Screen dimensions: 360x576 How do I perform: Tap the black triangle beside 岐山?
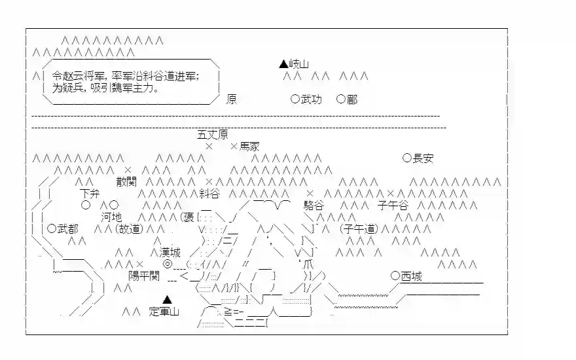coord(283,64)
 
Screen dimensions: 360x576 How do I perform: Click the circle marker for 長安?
coord(406,158)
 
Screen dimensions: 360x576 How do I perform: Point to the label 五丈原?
coord(212,135)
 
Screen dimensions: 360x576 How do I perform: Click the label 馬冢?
coord(249,147)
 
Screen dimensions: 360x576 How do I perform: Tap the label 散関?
coord(127,181)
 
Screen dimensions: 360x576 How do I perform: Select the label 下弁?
coord(90,193)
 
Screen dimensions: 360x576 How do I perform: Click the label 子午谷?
coord(393,205)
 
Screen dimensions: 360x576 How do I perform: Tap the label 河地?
coord(111,217)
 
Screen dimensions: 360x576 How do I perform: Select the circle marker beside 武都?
coord(52,228)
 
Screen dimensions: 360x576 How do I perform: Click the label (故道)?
coord(129,228)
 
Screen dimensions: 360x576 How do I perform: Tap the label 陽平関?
coord(144,276)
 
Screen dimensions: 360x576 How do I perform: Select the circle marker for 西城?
coord(395,276)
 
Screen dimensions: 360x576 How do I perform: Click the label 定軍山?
coord(164,312)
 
